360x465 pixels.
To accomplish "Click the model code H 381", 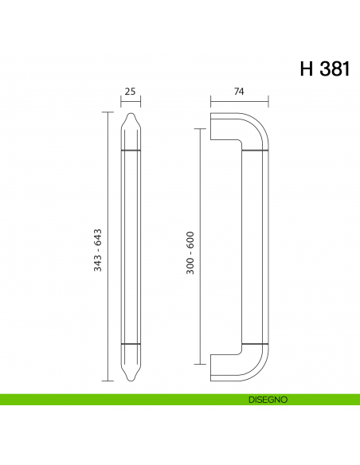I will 323,68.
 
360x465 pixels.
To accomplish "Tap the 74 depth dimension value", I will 238,92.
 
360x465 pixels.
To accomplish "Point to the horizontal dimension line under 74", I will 239,102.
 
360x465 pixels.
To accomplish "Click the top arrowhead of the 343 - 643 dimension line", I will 108,114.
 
